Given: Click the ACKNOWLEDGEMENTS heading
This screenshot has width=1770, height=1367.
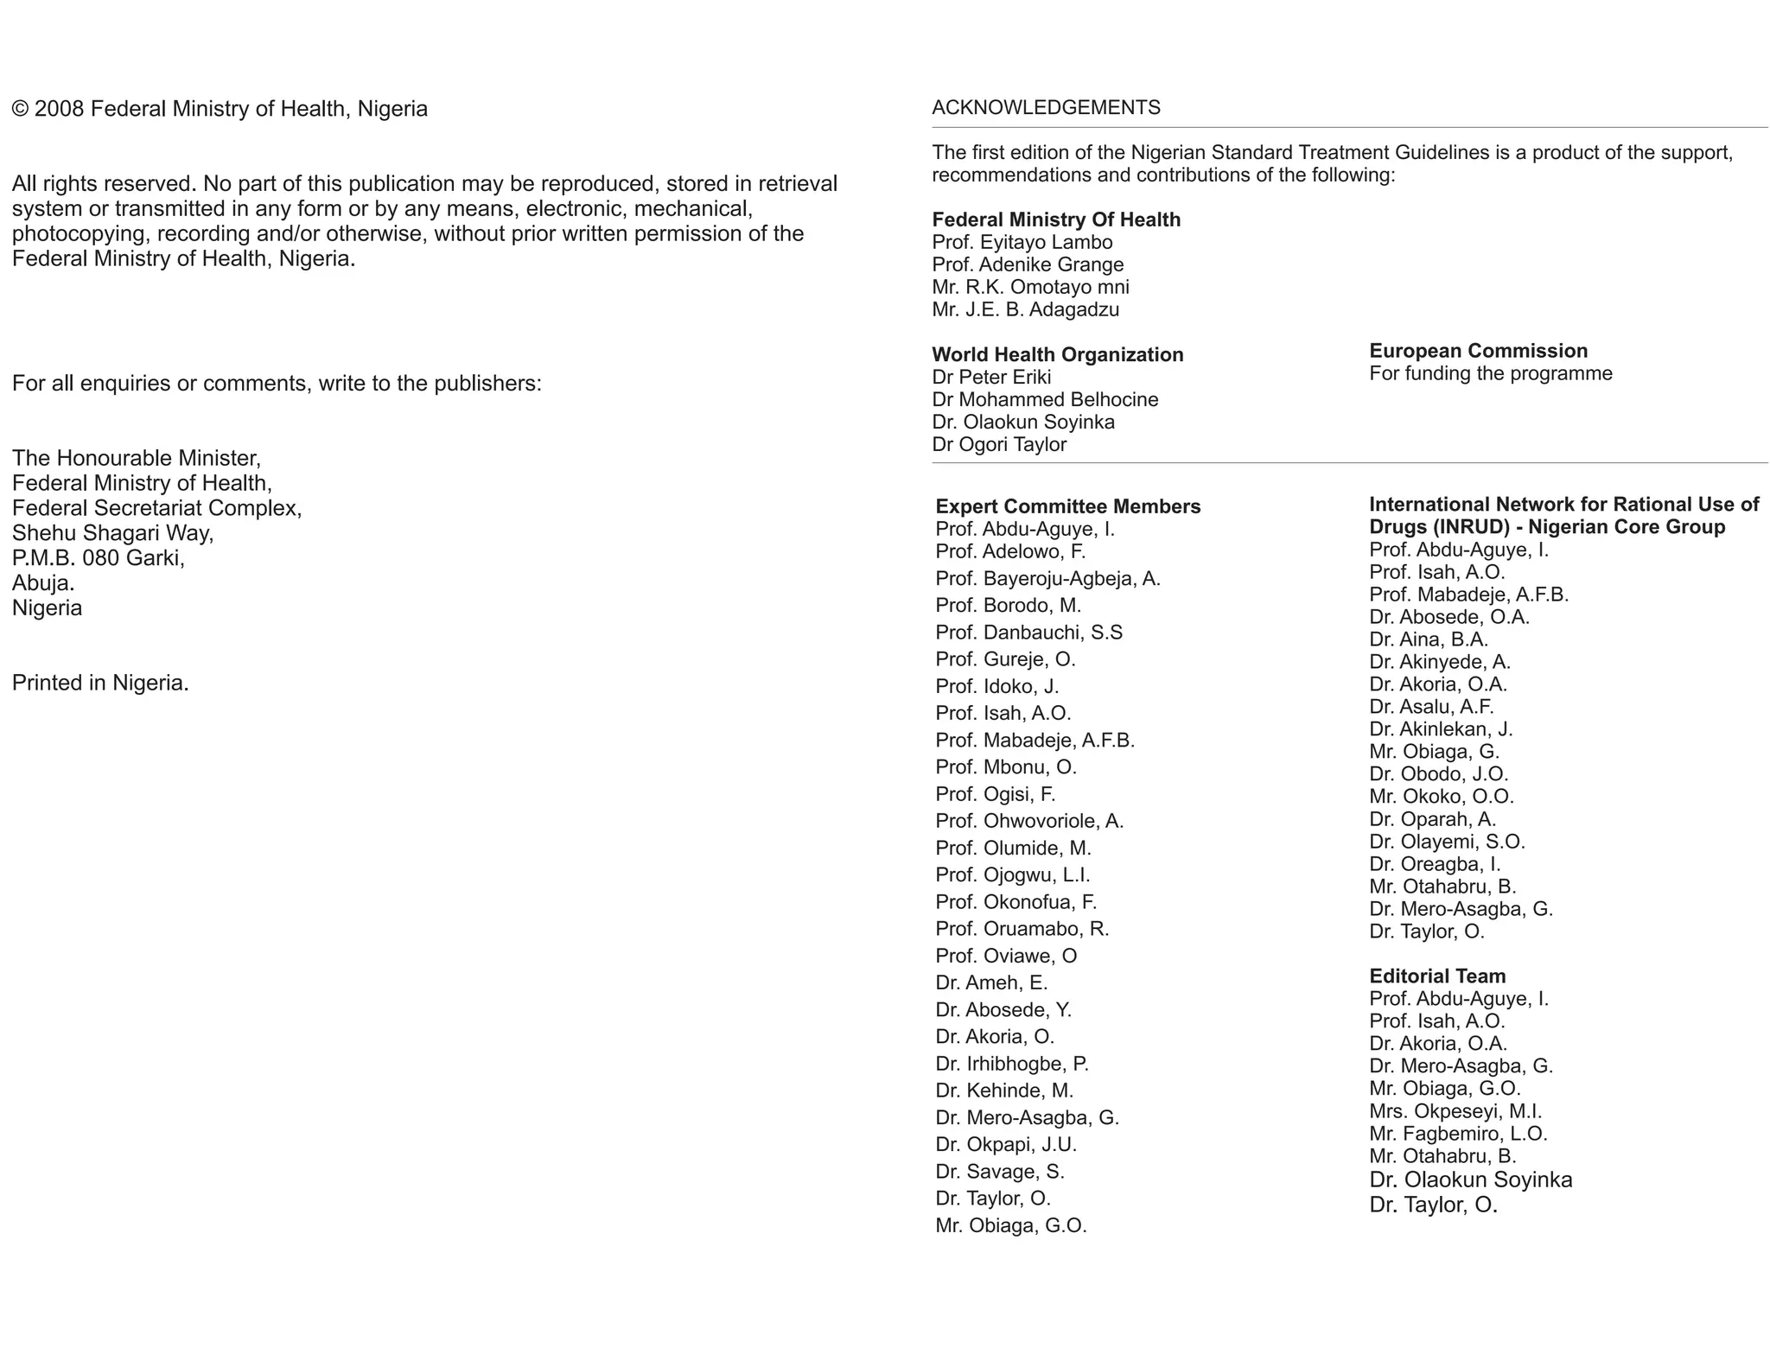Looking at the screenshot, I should tap(1046, 108).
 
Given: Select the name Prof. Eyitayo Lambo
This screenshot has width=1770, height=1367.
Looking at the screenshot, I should tap(1022, 243).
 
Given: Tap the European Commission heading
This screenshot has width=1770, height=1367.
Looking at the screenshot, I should tap(1478, 351).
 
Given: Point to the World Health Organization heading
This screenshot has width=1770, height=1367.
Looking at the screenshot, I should tap(1057, 354).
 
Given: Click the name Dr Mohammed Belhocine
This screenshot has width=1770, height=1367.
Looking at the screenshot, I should tap(1045, 399).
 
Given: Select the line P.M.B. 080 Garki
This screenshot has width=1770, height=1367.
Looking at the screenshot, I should tap(98, 558).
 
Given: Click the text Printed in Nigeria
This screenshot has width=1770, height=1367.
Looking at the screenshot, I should tap(100, 683).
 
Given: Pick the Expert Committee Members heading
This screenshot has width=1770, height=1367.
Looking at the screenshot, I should tap(1067, 506).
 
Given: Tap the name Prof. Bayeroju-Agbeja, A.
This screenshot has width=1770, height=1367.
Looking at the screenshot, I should tap(1047, 579).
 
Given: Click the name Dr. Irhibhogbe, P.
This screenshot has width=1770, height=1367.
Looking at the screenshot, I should tap(1011, 1064).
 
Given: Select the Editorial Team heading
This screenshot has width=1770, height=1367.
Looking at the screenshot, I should tap(1436, 976).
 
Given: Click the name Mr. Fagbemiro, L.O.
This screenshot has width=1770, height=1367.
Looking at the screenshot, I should tap(1458, 1134).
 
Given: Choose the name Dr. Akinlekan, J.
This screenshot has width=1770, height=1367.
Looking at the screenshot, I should tap(1441, 729).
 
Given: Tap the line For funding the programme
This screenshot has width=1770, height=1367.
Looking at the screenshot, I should tap(1490, 374).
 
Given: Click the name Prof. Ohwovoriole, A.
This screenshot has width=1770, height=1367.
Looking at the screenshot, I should tap(1029, 821).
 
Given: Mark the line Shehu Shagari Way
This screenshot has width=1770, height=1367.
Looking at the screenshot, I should tap(112, 533).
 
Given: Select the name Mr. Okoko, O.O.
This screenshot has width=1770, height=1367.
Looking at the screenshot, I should tap(1441, 797).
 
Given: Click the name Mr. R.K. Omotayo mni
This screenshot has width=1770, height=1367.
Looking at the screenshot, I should tap(1030, 288).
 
